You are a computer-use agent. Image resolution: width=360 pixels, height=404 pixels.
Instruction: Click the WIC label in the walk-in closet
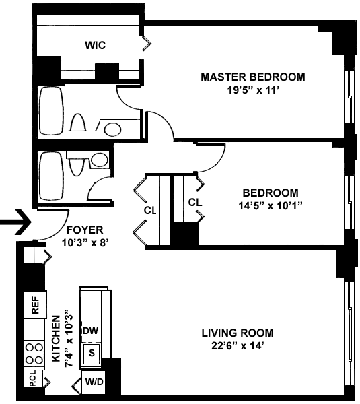(96, 45)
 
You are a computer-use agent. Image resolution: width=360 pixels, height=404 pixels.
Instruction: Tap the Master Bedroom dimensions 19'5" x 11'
(253, 90)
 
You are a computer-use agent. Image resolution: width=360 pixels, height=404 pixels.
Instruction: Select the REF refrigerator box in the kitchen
(35, 305)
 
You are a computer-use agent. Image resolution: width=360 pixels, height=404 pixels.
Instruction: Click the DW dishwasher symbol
(91, 331)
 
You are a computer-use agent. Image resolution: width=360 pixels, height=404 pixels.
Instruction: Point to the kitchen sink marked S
(92, 353)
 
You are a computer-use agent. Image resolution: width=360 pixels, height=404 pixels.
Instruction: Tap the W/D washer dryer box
(94, 382)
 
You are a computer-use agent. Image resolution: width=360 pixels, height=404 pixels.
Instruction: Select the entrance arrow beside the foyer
(15, 222)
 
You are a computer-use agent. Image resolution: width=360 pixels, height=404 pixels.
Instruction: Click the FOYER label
(85, 230)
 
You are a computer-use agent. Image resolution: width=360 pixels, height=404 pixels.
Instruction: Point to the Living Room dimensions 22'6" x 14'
(238, 346)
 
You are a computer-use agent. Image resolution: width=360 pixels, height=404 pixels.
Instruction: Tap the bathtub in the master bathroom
(51, 110)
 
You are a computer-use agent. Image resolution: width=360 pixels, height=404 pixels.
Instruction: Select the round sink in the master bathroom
(113, 129)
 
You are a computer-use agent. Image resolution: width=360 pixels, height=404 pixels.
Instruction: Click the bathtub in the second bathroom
(51, 176)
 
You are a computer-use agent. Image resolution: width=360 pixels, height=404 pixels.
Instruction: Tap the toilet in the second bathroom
(77, 165)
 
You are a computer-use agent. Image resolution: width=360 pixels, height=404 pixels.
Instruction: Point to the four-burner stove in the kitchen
(34, 353)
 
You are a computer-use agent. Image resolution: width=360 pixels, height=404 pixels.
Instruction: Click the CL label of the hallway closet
(150, 211)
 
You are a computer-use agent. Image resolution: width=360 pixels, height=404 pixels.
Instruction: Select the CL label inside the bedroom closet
(195, 202)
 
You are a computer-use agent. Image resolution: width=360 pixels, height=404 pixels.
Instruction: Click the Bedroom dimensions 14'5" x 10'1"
(270, 206)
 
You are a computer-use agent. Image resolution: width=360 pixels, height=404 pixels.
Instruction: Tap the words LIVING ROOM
(238, 333)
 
